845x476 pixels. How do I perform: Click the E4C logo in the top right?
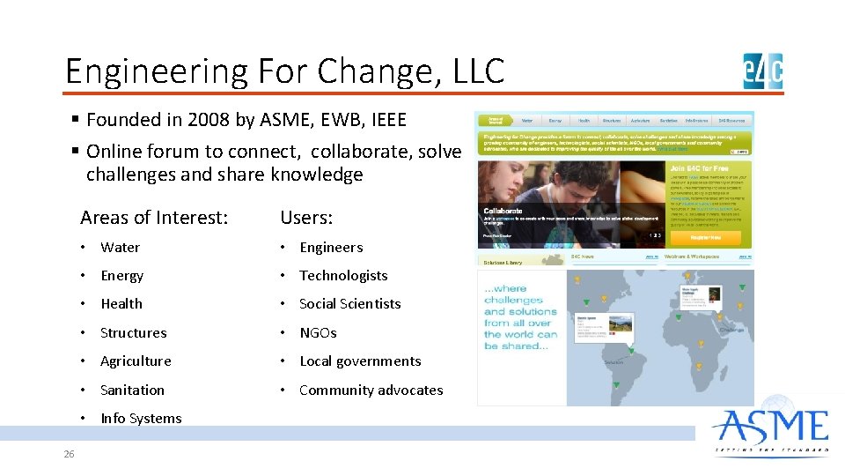[762, 71]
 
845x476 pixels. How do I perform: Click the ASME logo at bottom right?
[771, 428]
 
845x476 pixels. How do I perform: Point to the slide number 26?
[69, 454]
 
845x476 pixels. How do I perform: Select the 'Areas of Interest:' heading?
[154, 217]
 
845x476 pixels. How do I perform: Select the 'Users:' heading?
[306, 217]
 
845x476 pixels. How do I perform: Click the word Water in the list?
[120, 248]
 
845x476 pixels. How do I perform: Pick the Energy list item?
[121, 276]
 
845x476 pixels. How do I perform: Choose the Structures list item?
[133, 333]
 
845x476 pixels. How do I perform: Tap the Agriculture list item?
[136, 361]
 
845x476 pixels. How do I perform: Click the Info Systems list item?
[141, 419]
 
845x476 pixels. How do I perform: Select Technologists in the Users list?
[343, 276]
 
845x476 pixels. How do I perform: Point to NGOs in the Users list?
[318, 333]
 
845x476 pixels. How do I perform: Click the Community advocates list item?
[371, 390]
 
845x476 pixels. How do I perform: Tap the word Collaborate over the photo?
[503, 211]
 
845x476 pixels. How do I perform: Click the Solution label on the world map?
[614, 362]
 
